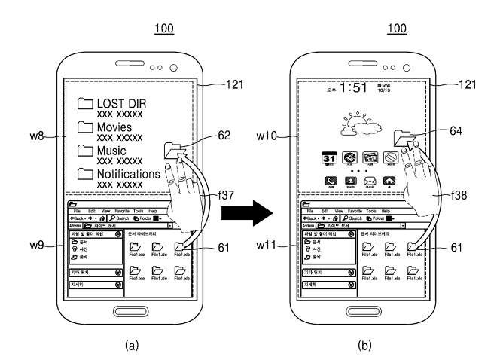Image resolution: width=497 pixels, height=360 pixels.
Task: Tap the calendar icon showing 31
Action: coord(329,158)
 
